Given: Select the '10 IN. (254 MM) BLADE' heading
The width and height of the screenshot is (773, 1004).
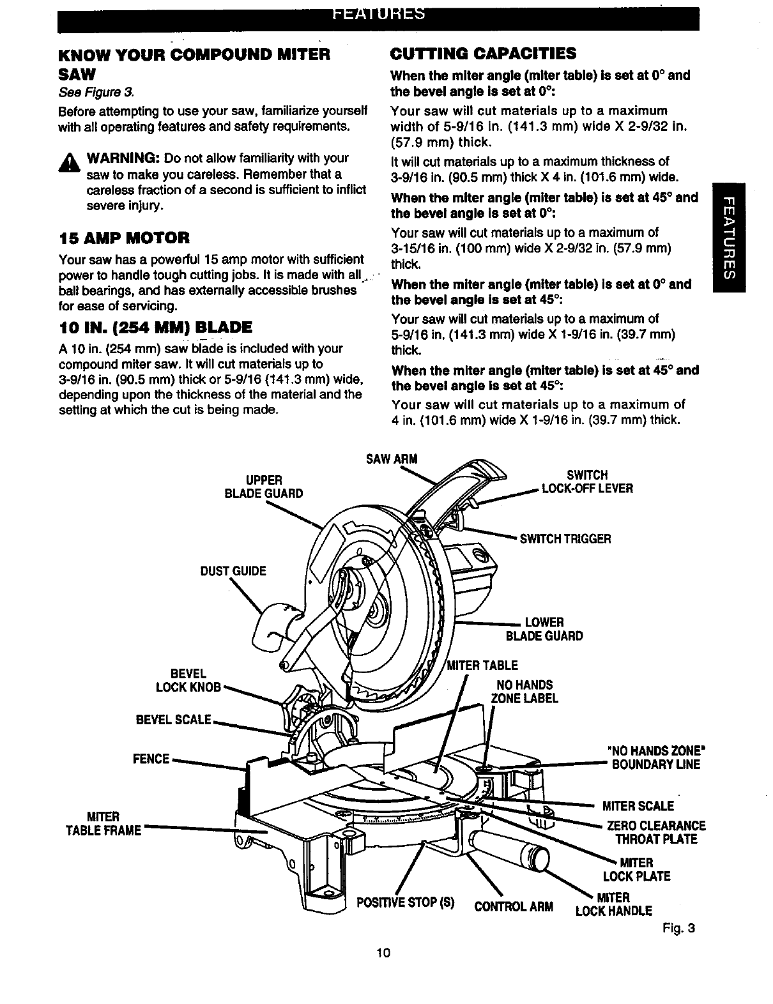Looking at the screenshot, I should (155, 328).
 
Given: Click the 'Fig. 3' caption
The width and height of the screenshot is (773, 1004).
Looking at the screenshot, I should (678, 928).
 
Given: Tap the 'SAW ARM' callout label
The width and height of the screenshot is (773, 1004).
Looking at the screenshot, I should (391, 460).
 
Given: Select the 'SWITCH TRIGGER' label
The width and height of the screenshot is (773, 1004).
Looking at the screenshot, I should (565, 538).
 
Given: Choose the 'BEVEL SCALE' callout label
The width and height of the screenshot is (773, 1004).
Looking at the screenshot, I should (173, 720).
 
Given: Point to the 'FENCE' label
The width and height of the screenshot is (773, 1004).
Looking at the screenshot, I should (151, 759).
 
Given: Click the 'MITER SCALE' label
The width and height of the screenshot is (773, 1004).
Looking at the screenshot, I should (638, 806).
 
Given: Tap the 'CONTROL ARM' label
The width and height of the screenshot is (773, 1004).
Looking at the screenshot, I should (514, 906).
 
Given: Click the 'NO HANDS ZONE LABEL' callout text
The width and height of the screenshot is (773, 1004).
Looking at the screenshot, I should (524, 692).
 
